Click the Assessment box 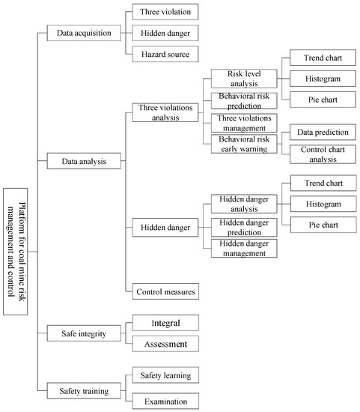(x=165, y=343)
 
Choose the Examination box (x=165, y=401)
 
